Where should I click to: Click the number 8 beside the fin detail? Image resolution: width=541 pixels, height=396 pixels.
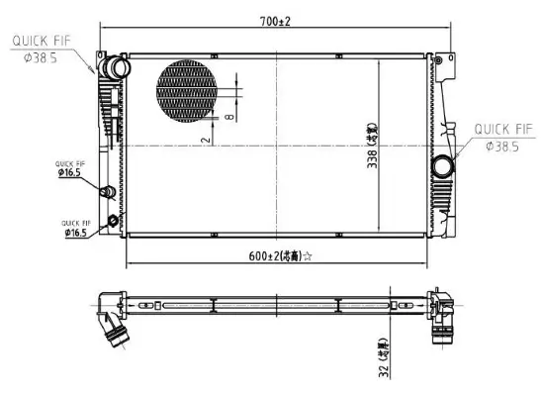click(x=228, y=116)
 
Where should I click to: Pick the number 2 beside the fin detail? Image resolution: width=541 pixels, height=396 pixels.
click(x=204, y=141)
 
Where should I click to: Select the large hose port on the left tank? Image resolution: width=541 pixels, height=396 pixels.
click(x=118, y=69)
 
